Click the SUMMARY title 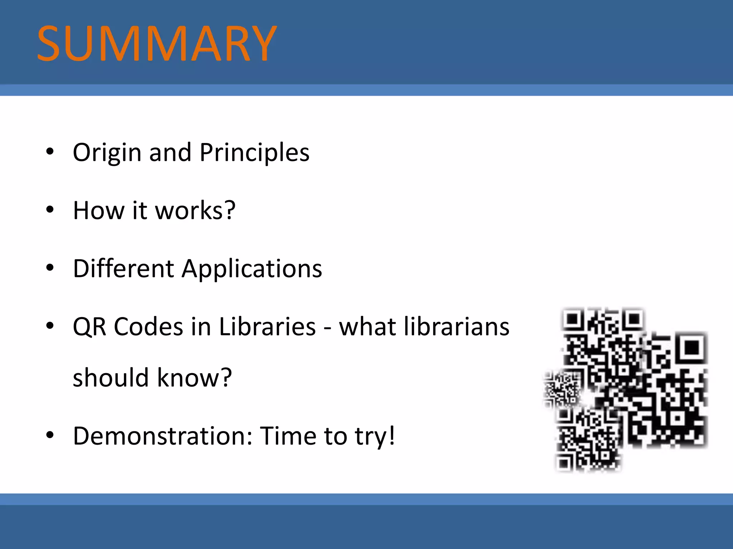157,44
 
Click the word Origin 107,153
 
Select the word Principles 254,153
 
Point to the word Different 123,268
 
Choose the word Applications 252,268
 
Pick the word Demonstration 163,436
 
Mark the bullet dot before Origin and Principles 50,152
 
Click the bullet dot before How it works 50,209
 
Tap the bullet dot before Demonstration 50,435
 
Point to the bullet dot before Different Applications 50,267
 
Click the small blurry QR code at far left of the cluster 561,390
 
